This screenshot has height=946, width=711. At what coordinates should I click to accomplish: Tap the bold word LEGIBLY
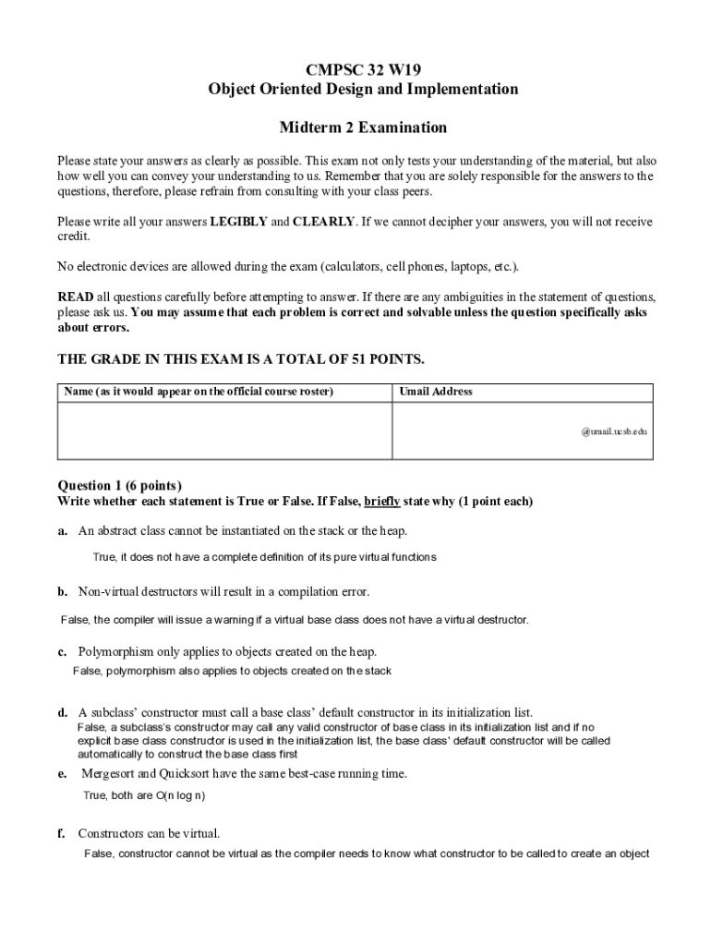pos(238,222)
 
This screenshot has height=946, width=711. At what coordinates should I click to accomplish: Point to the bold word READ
pos(75,297)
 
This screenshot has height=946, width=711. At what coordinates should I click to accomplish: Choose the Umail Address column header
pos(436,392)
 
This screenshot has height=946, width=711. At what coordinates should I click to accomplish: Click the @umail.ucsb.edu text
pos(614,431)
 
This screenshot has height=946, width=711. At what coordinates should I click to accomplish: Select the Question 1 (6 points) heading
pos(120,486)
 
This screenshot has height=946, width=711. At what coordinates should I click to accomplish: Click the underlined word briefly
pos(382,502)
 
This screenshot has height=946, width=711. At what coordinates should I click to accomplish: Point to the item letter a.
pos(62,531)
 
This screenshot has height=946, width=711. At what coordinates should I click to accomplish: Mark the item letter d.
pos(62,713)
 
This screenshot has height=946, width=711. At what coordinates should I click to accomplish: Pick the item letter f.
pos(61,833)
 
